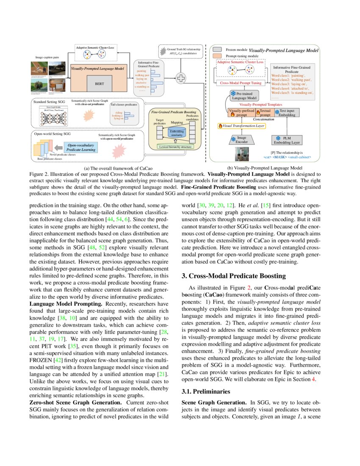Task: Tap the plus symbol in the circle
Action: [x=181, y=78]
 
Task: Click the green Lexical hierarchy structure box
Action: [x=174, y=147]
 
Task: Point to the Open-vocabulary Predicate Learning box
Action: [x=81, y=147]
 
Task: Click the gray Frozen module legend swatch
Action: [x=218, y=49]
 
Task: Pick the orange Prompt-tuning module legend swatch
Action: [x=218, y=55]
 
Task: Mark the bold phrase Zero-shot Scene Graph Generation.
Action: [x=75, y=401]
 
